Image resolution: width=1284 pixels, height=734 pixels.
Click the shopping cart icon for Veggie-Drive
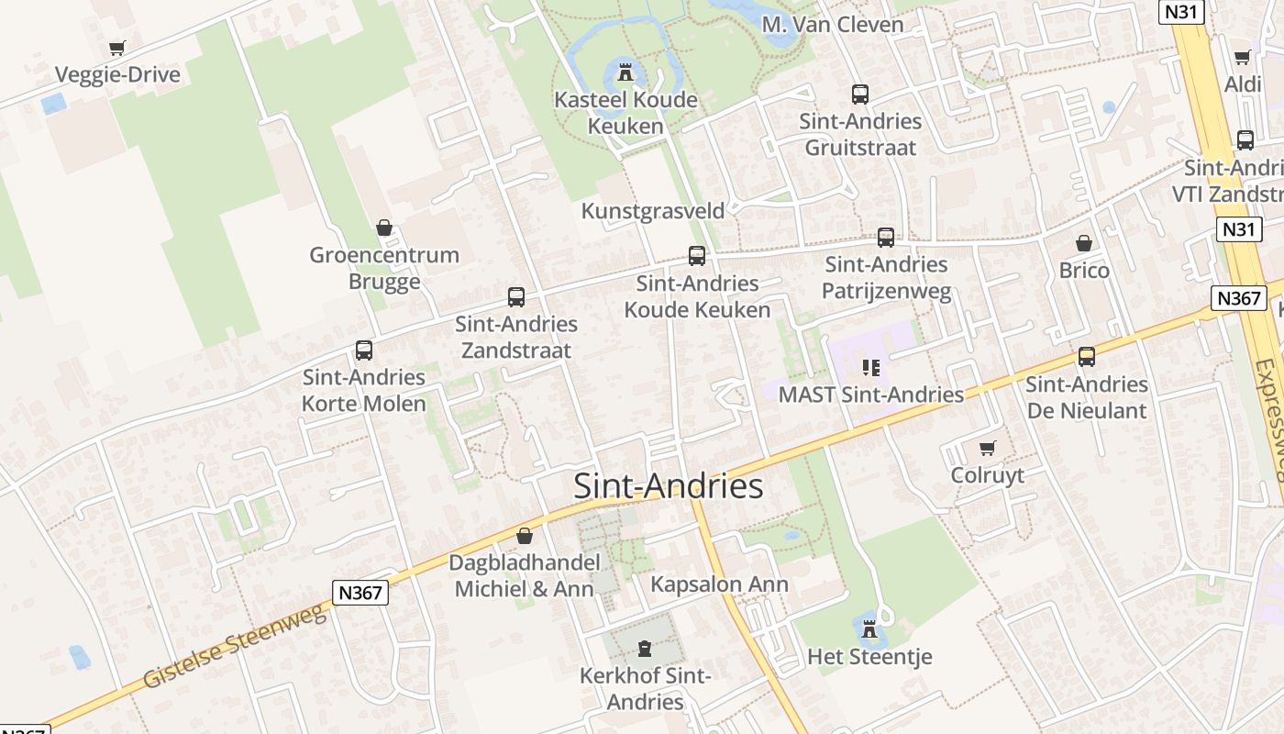coord(116,48)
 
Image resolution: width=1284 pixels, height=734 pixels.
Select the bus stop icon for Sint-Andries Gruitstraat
coord(859,94)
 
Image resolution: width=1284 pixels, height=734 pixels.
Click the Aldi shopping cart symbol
coord(1243,58)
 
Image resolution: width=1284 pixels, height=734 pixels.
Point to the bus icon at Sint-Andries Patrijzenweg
coord(885,238)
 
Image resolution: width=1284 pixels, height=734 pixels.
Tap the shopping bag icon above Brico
coord(1084,243)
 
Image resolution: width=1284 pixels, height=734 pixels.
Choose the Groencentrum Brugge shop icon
coord(384,228)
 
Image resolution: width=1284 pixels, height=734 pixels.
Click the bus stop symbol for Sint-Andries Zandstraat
coord(516,297)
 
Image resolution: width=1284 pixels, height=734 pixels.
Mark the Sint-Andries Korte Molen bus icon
coord(364,350)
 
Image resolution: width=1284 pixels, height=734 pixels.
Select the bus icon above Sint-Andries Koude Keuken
coord(697,256)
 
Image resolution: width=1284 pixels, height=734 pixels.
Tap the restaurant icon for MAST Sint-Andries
coord(870,368)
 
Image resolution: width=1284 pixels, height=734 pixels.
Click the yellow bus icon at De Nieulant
coord(1087,357)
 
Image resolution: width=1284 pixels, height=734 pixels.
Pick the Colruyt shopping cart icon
coord(987,449)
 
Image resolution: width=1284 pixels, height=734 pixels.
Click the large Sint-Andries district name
coord(668,486)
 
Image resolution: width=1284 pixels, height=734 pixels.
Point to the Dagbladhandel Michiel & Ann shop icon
coord(525,536)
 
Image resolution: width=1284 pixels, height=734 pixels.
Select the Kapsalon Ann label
coord(719,584)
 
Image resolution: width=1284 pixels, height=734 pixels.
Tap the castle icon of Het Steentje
coord(869,630)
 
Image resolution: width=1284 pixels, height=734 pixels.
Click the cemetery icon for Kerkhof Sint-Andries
coord(645,650)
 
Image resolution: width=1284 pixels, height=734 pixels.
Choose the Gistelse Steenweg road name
coord(234,646)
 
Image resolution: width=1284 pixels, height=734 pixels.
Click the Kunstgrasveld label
coord(653,211)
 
